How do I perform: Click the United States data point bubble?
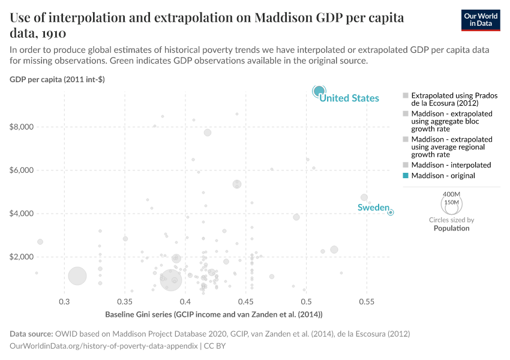(x=319, y=91)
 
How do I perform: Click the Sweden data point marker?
(x=391, y=212)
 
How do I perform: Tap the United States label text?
(x=349, y=98)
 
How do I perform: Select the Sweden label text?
(x=373, y=208)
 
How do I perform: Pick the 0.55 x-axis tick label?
(x=367, y=301)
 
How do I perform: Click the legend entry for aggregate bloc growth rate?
(x=451, y=121)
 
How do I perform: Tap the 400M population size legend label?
(x=451, y=194)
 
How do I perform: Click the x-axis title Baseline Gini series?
(x=214, y=314)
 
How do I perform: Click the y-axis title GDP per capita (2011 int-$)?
(x=57, y=80)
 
